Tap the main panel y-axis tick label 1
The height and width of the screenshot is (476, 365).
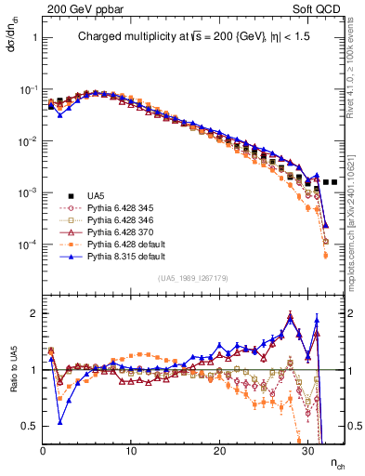tap(33, 39)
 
